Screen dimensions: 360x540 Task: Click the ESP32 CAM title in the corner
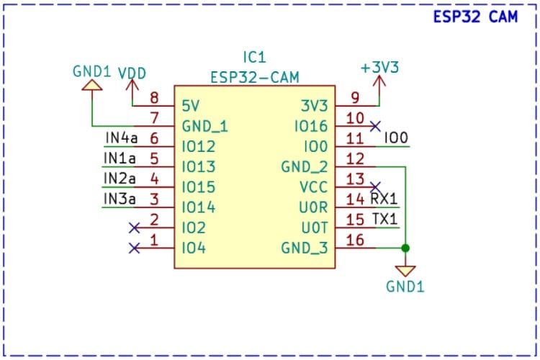tap(475, 17)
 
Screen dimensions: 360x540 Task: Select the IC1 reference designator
tap(255, 57)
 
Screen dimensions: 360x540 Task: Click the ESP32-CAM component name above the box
tap(255, 76)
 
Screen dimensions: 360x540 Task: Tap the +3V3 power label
tap(379, 67)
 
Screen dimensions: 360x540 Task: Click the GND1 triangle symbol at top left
tap(91, 86)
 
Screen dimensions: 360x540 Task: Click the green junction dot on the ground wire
tap(405, 248)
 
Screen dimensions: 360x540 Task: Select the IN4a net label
tap(121, 138)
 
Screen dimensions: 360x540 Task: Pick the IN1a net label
tap(121, 158)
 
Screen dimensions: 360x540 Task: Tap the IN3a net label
tap(121, 198)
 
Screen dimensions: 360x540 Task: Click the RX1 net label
tap(384, 199)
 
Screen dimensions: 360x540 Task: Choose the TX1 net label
tap(384, 219)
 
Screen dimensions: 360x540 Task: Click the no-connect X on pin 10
tap(375, 126)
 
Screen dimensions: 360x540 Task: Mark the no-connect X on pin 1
tap(134, 248)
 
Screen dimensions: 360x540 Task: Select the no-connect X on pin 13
tap(375, 187)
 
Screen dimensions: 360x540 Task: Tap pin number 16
tap(355, 240)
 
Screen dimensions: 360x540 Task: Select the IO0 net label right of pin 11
tap(397, 138)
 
